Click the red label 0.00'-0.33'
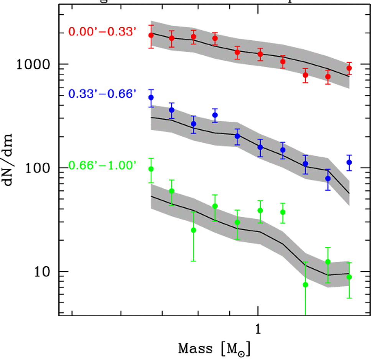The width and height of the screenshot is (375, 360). click(x=102, y=31)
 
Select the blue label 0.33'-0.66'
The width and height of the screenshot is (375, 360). click(x=102, y=93)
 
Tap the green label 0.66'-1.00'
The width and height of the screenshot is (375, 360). click(x=102, y=166)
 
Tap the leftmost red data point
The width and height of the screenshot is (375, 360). click(x=151, y=35)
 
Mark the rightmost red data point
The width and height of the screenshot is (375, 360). click(x=349, y=68)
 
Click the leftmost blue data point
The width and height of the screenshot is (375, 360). click(x=151, y=97)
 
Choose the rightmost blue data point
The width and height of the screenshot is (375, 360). click(x=349, y=162)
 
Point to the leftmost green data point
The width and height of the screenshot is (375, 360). click(x=151, y=169)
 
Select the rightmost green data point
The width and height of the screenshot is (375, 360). click(x=349, y=277)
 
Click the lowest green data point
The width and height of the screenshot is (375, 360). click(x=306, y=285)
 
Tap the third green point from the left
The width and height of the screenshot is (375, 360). click(x=194, y=230)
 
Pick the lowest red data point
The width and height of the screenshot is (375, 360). click(x=328, y=77)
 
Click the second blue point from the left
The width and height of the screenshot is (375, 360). click(x=172, y=110)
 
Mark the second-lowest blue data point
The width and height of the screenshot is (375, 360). click(x=306, y=164)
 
